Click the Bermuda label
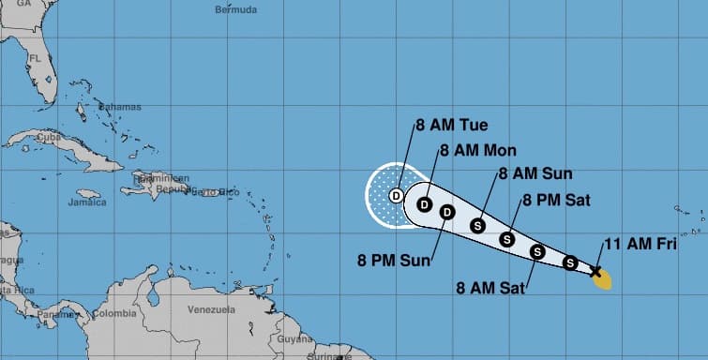click(234, 10)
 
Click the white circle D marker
click(397, 195)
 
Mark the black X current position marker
click(595, 272)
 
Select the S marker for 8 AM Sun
click(477, 225)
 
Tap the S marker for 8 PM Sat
click(507, 238)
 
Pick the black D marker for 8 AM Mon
click(424, 204)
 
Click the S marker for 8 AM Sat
click(538, 251)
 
